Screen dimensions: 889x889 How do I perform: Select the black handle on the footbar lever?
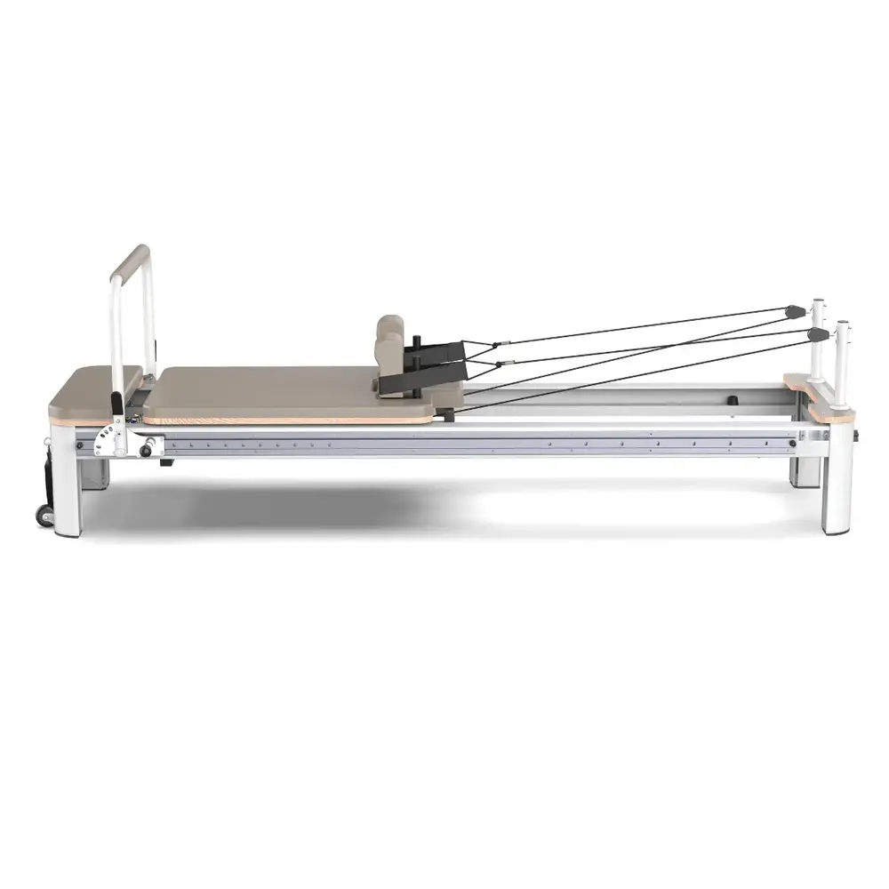118,403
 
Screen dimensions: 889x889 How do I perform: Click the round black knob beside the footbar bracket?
146,451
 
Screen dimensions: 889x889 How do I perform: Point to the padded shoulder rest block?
389,343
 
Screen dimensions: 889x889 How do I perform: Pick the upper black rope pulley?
794,311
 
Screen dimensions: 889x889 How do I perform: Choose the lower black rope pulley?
816,334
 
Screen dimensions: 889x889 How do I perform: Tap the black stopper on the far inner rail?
734,401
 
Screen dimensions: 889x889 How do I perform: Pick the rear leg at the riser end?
805,472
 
